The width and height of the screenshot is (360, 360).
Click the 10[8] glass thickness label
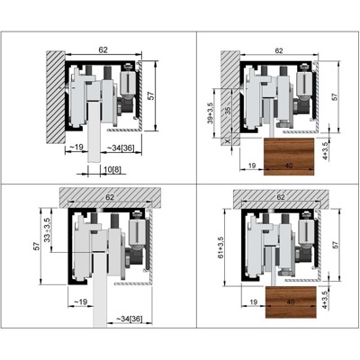(112, 170)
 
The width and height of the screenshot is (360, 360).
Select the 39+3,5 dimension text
(211, 112)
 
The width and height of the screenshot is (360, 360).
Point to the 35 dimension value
(227, 111)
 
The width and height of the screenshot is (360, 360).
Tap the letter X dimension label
(228, 141)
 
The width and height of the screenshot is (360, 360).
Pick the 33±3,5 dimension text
(48, 230)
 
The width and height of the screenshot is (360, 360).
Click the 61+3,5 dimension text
(221, 247)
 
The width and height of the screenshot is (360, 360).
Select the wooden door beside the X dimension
(289, 157)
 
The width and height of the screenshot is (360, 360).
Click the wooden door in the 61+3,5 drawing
(291, 301)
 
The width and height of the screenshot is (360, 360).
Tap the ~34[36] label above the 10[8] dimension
(121, 148)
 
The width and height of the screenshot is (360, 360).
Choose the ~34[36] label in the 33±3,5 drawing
(130, 319)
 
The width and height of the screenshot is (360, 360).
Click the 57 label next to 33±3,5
(37, 246)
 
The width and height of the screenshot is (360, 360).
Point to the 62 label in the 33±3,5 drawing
(110, 197)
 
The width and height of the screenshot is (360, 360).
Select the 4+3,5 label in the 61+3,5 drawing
(325, 300)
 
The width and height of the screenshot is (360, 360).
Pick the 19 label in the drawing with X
(252, 166)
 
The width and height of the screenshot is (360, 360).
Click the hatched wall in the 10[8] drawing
(56, 97)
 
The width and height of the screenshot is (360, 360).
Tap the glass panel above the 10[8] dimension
(94, 132)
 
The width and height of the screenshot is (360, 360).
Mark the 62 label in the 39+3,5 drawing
(279, 50)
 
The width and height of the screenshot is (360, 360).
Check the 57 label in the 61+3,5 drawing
(335, 245)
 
